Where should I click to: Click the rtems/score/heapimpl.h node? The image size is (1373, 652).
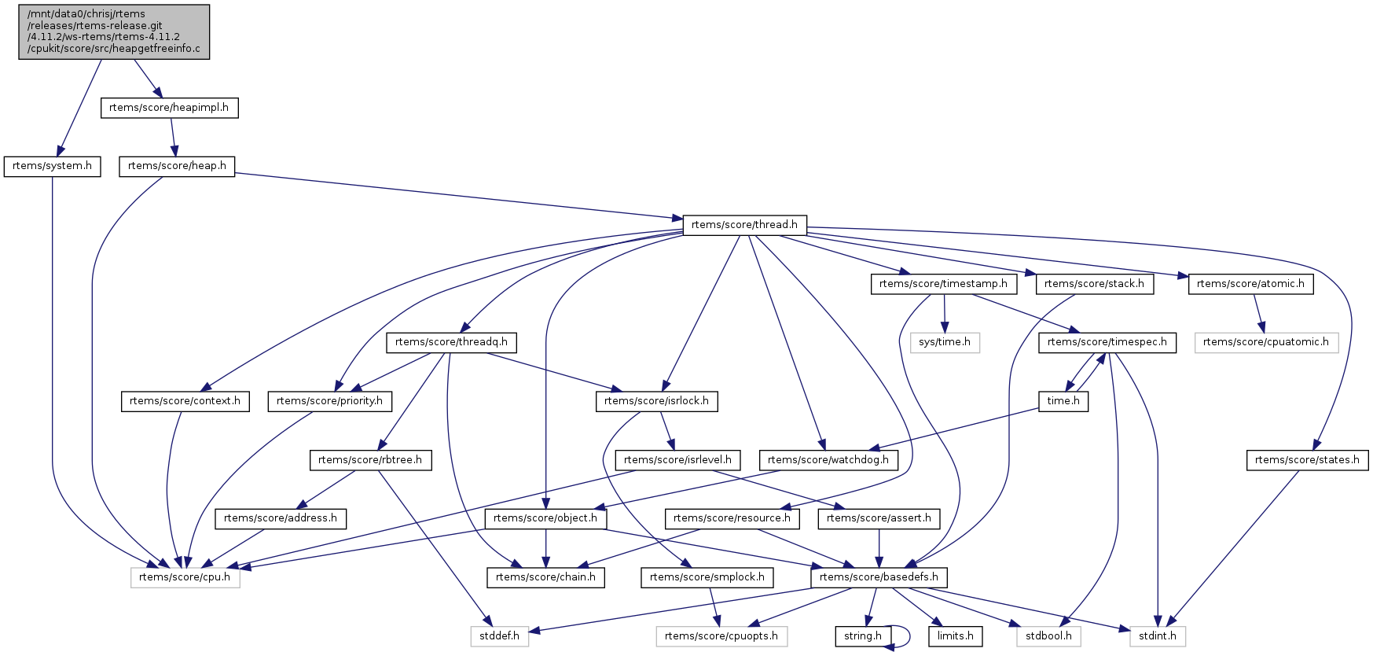tap(169, 108)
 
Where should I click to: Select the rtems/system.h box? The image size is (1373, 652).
tap(52, 166)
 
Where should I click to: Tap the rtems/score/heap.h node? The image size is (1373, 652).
tap(177, 166)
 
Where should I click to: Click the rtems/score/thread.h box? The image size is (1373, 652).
tap(744, 225)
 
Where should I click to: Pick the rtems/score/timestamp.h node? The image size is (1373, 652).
tap(943, 284)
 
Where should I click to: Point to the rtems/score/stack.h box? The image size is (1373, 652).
tap(1094, 284)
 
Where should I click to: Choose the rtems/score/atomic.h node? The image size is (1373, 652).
tap(1250, 284)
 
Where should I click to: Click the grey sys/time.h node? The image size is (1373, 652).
tap(945, 342)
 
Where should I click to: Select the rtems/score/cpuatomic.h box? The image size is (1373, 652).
tap(1265, 342)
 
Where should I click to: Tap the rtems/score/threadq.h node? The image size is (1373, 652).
tap(451, 342)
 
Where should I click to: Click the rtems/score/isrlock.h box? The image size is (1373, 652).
tap(656, 401)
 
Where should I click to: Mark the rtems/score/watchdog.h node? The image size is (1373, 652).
tap(828, 460)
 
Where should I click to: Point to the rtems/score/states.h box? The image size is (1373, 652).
tap(1307, 460)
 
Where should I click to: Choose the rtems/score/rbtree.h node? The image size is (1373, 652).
tap(370, 460)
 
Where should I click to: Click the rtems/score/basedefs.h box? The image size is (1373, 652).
tap(879, 577)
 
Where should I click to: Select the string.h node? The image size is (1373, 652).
tap(863, 636)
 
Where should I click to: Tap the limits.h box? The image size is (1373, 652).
tap(955, 636)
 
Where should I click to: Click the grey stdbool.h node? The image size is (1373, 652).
tap(1048, 636)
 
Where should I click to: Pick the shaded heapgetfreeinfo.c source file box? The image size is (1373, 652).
tap(114, 31)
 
